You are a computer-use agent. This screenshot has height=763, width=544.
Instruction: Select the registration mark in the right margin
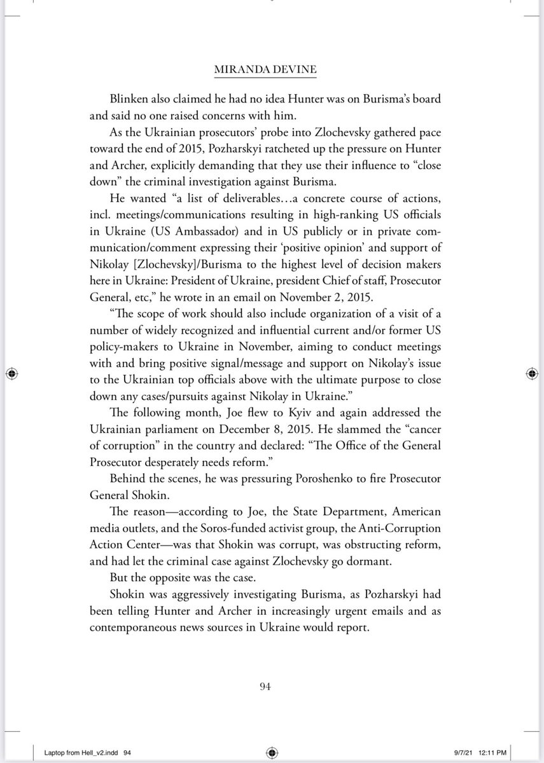[x=531, y=373]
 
